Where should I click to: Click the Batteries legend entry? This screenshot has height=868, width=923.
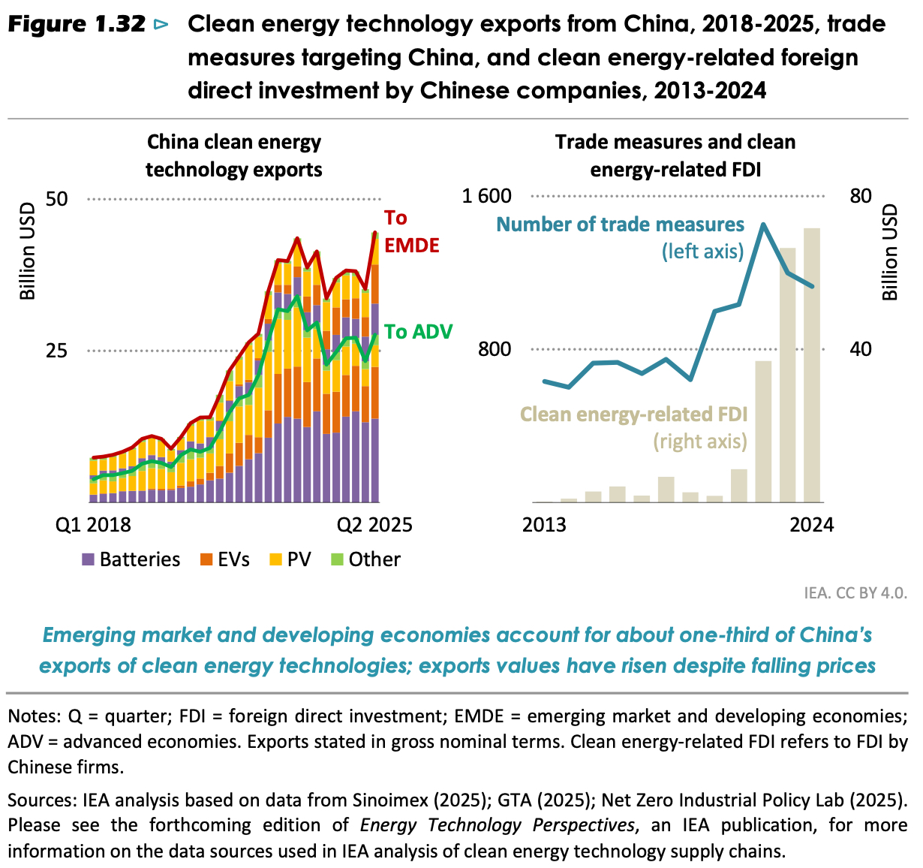[x=131, y=559]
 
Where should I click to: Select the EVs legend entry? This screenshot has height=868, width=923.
[x=225, y=559]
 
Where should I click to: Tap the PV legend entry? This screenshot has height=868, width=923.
[x=290, y=559]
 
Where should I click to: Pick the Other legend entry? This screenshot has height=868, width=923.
[x=366, y=559]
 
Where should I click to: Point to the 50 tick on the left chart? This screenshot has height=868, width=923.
[x=57, y=199]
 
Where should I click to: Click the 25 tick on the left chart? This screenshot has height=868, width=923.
[x=57, y=351]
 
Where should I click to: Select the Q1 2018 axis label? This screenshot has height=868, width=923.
[x=94, y=524]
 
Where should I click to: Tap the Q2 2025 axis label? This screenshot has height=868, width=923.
[x=374, y=524]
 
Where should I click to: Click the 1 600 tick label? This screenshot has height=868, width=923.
[x=486, y=197]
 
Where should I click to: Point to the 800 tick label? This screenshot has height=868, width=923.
[x=495, y=349]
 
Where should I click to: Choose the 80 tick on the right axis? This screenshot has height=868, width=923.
[x=861, y=197]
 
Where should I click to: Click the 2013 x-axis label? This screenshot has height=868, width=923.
[x=544, y=524]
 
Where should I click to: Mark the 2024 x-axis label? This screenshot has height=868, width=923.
[x=811, y=524]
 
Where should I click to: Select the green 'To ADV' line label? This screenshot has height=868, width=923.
[x=418, y=332]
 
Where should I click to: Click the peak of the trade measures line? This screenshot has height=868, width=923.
[x=763, y=225]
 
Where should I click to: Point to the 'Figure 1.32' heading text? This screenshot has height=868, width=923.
[x=77, y=25]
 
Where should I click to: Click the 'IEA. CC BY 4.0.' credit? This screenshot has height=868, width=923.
[x=855, y=592]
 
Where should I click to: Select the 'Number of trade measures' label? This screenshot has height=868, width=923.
[x=621, y=225]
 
